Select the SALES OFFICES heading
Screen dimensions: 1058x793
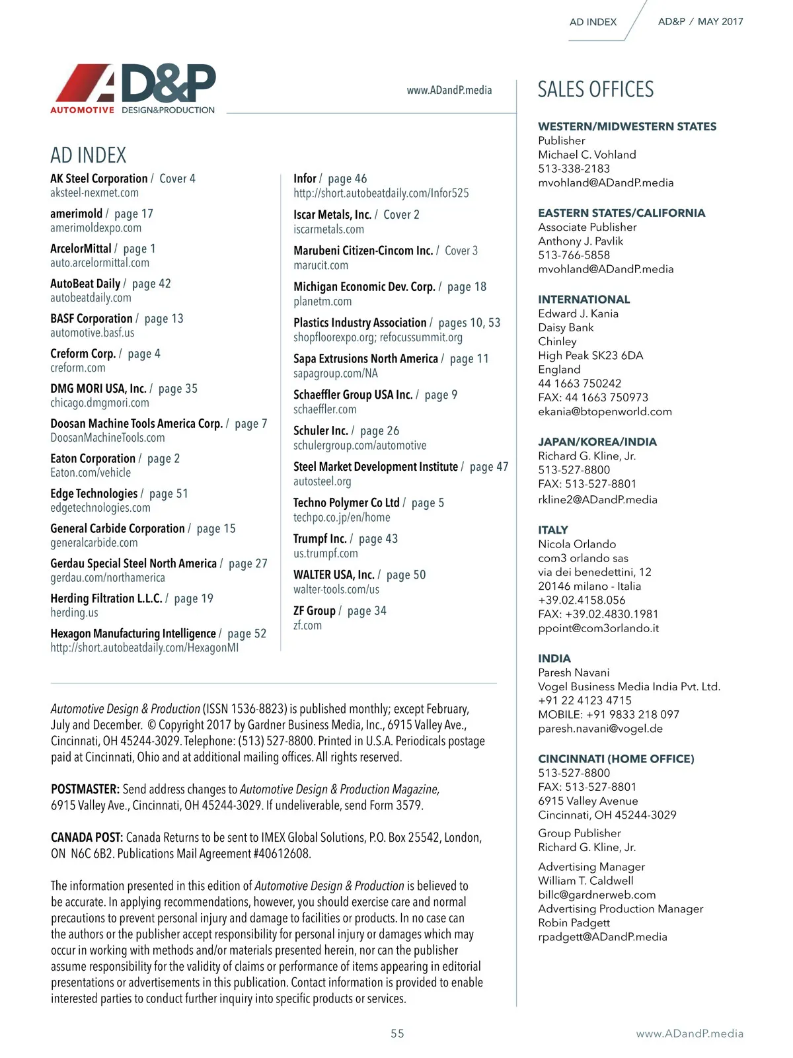coord(595,89)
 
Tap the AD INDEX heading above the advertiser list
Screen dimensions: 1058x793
coord(88,155)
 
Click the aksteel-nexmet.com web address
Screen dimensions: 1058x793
coord(94,193)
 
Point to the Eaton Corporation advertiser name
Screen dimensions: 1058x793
coord(93,458)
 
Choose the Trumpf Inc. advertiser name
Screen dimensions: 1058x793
coord(320,539)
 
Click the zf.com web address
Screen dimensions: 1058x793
coord(307,626)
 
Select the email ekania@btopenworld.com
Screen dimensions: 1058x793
coord(605,411)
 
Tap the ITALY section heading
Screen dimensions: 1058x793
coord(553,530)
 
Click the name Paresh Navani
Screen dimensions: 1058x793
coord(574,672)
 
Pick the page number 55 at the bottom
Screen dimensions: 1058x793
coord(397,1034)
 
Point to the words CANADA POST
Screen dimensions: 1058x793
coord(87,838)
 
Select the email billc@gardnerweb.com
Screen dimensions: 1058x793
coord(597,895)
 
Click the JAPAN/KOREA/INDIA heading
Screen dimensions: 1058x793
coord(597,442)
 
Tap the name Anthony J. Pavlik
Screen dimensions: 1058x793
coord(580,241)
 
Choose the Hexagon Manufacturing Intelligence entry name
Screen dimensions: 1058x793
coord(133,633)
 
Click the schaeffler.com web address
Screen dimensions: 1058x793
coord(324,409)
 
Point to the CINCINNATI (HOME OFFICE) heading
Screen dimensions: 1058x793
coord(616,758)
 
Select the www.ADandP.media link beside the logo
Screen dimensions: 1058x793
coord(449,90)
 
